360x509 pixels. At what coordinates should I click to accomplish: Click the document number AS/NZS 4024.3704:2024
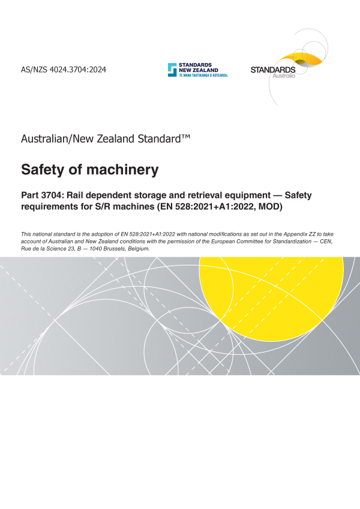(64, 70)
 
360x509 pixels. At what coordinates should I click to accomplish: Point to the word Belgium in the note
(136, 248)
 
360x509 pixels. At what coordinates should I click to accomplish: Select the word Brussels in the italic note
(104, 248)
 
